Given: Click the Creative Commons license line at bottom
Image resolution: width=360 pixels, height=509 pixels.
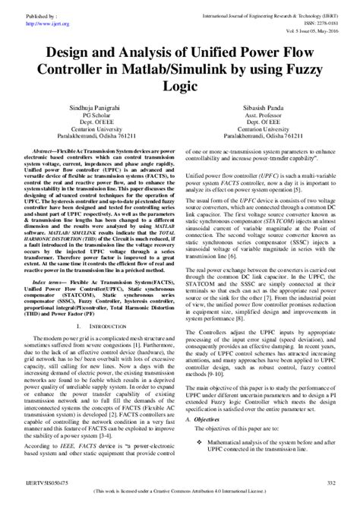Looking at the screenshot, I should click(180, 501).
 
